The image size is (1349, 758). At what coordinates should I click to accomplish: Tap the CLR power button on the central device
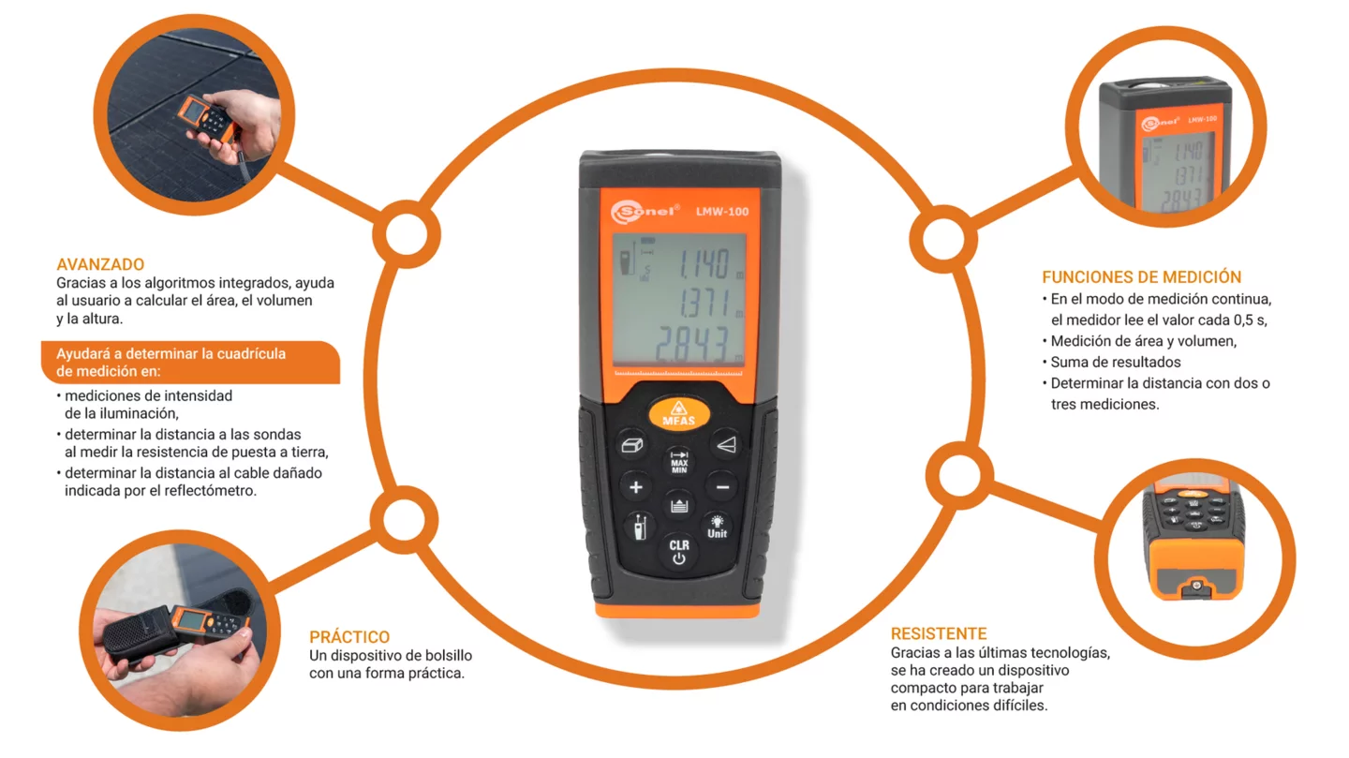pos(678,551)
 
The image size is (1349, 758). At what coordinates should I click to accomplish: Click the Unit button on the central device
pos(717,527)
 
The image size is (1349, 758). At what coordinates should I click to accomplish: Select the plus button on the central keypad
pos(636,487)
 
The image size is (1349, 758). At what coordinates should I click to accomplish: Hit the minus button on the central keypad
pos(722,487)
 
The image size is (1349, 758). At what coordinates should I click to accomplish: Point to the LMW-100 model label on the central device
pos(722,212)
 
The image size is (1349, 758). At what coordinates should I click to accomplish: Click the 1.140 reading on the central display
pos(704,264)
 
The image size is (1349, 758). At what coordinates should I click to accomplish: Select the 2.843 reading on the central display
pos(692,345)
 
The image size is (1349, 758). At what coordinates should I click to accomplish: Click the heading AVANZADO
pos(100,264)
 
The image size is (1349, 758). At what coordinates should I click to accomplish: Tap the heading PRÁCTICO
pos(349,636)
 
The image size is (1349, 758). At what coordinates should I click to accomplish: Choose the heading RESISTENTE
pos(939,633)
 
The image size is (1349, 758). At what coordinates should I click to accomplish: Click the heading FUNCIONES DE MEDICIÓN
pos(1141,276)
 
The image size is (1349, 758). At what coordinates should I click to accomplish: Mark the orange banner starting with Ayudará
pos(190,362)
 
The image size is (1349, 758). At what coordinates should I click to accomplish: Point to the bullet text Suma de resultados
pos(1116,362)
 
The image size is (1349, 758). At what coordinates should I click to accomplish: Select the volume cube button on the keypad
pos(631,445)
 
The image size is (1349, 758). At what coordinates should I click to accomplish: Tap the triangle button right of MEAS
pos(726,445)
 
